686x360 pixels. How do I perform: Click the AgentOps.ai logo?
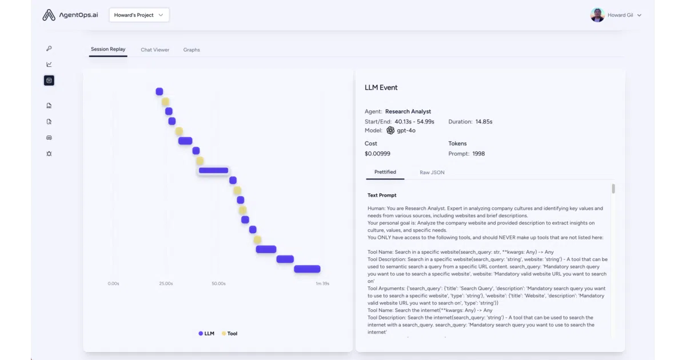coord(70,15)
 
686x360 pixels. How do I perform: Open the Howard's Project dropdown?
coord(139,15)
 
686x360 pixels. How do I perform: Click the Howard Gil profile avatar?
coord(597,15)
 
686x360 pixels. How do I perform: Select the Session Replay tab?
coord(108,49)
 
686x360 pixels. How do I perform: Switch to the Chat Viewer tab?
coord(155,50)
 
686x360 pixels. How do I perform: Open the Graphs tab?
coord(192,50)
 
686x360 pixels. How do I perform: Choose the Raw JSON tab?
coord(432,173)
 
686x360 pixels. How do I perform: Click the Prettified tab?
coord(385,172)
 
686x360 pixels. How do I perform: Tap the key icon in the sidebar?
coord(49,49)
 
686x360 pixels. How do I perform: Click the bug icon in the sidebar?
coord(49,154)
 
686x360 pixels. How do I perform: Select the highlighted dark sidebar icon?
coord(49,81)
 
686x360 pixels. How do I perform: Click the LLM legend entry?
coord(206,333)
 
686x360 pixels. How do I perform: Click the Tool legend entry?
coord(229,333)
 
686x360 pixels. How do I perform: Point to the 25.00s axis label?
coord(166,283)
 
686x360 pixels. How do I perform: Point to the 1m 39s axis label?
coord(322,283)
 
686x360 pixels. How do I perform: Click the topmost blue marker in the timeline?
coord(159,91)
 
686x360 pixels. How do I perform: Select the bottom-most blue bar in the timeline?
coord(307,269)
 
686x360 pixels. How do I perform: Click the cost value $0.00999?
coord(377,154)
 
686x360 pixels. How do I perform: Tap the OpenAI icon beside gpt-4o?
coord(390,130)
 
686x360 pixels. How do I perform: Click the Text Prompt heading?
coord(382,195)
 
